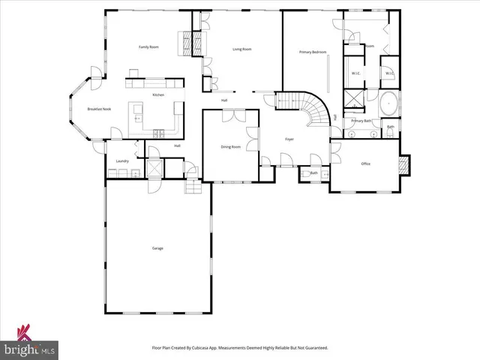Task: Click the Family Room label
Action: (x=148, y=47)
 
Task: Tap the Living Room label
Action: (x=241, y=49)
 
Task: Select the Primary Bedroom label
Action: (x=312, y=52)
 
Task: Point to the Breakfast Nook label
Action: (x=99, y=109)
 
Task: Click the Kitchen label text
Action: (x=158, y=94)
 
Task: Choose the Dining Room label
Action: (x=231, y=147)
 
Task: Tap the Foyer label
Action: (x=289, y=139)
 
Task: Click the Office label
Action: (x=366, y=163)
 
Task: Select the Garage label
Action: (x=157, y=248)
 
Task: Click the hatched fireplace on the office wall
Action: (x=405, y=165)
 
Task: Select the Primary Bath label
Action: (x=361, y=121)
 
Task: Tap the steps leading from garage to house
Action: (x=193, y=184)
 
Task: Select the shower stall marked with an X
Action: (x=354, y=98)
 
